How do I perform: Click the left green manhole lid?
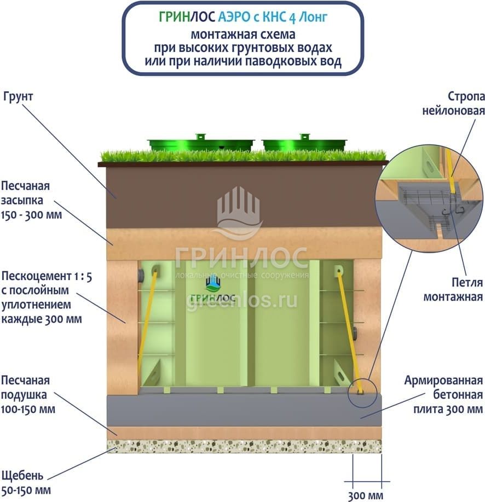(x=201, y=144)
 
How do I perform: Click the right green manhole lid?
(x=304, y=143)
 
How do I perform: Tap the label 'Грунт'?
(x=19, y=97)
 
